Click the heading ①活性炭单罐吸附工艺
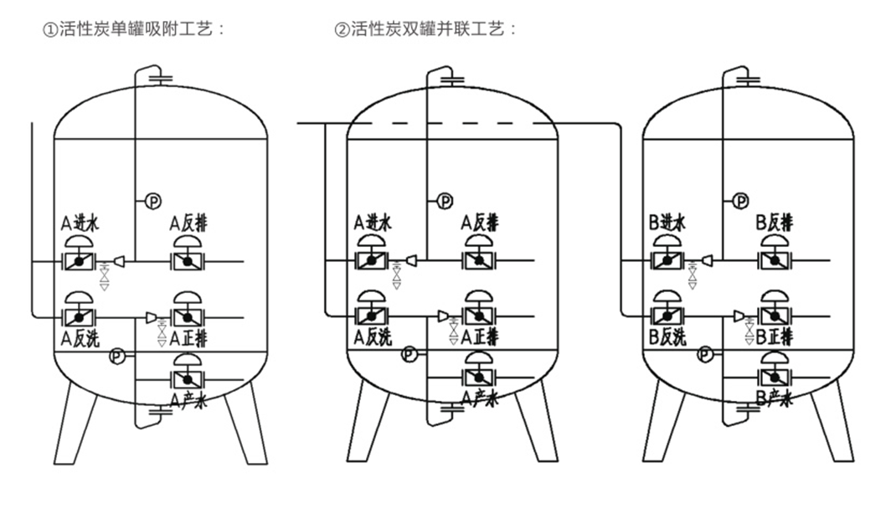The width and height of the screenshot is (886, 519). tap(134, 29)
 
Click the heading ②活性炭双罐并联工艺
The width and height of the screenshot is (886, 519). tap(425, 29)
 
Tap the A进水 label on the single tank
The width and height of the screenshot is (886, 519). tap(80, 224)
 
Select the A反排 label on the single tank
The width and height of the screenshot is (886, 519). tap(188, 224)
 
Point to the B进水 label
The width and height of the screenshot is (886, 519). tap(667, 224)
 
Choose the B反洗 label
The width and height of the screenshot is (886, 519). tap(667, 337)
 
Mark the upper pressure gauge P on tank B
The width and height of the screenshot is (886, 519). tap(740, 200)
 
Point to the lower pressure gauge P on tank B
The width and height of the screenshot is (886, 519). tap(706, 354)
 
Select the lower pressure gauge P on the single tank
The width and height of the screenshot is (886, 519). tap(117, 356)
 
